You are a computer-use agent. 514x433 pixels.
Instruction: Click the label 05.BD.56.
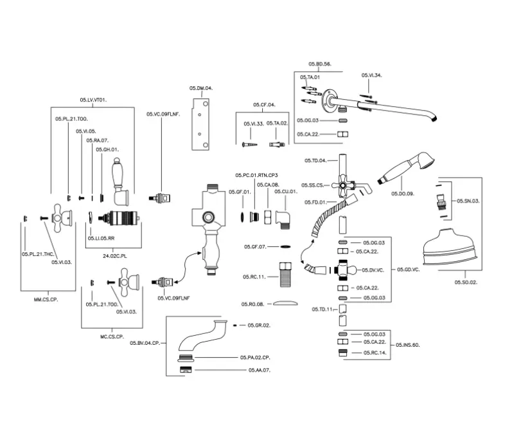pyautogui.click(x=319, y=64)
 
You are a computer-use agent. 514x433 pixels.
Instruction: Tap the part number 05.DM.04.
pyautogui.click(x=200, y=88)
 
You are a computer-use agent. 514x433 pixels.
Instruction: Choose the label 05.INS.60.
pyautogui.click(x=407, y=345)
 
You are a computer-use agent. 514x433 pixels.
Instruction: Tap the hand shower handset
pyautogui.click(x=407, y=167)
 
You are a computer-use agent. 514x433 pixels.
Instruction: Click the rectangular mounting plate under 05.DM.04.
pyautogui.click(x=201, y=122)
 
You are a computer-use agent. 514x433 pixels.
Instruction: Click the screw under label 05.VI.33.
pyautogui.click(x=248, y=144)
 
